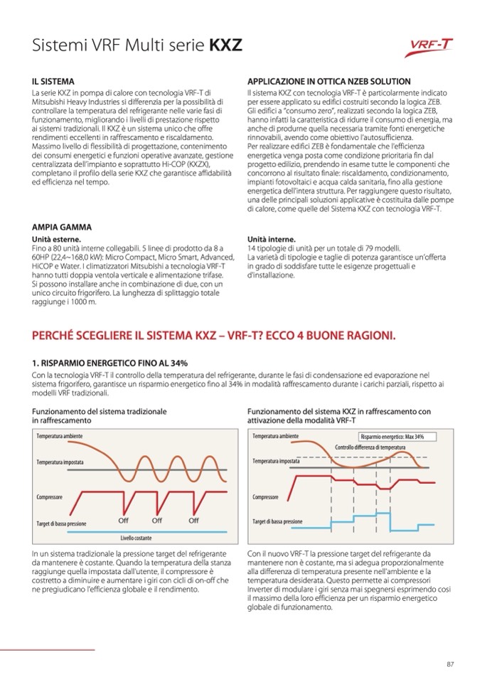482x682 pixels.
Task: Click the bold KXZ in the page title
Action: [x=225, y=46]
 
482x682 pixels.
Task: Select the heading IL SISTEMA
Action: [x=53, y=82]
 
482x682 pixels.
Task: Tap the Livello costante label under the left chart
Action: [x=136, y=538]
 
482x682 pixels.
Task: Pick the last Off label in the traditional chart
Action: [x=193, y=521]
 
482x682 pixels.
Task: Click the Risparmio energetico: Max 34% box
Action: [x=392, y=437]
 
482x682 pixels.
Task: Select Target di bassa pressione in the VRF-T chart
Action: [x=277, y=521]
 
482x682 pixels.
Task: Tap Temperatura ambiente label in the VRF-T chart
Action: [x=275, y=436]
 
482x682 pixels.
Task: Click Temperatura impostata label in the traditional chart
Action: [x=60, y=462]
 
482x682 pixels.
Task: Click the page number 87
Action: [x=450, y=664]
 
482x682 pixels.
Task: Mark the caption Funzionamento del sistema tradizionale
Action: [x=100, y=411]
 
